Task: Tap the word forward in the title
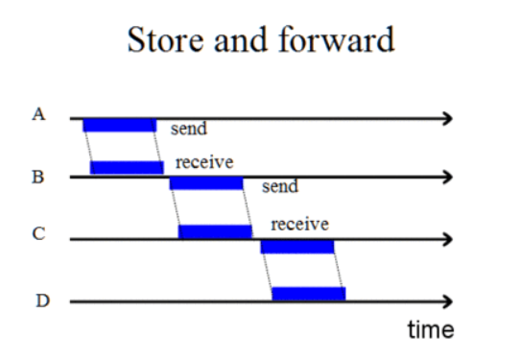pyautogui.click(x=344, y=40)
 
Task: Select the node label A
pyautogui.click(x=38, y=114)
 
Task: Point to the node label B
pyautogui.click(x=38, y=178)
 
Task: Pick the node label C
pyautogui.click(x=38, y=236)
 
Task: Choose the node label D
pyautogui.click(x=41, y=300)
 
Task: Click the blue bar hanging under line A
pyautogui.click(x=119, y=126)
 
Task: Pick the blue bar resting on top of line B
pyautogui.click(x=127, y=168)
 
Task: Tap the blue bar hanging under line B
pyautogui.click(x=206, y=183)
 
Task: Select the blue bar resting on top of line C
pyautogui.click(x=215, y=231)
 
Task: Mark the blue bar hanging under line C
pyautogui.click(x=297, y=247)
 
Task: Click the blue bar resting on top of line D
pyautogui.click(x=308, y=294)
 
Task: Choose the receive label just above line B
pyautogui.click(x=204, y=161)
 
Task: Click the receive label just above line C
pyautogui.click(x=299, y=225)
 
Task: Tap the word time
pyautogui.click(x=430, y=330)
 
